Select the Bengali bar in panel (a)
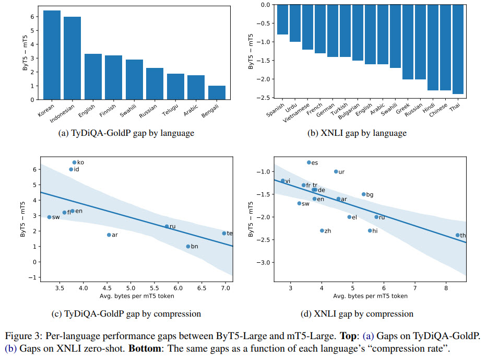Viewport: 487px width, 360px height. pyautogui.click(x=216, y=92)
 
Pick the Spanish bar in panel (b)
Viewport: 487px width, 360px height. pyautogui.click(x=283, y=19)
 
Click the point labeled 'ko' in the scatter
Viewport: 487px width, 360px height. pyautogui.click(x=74, y=162)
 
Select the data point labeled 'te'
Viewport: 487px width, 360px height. pyautogui.click(x=224, y=233)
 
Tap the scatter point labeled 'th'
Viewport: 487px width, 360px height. pyautogui.click(x=457, y=235)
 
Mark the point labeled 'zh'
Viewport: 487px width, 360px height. pyautogui.click(x=322, y=230)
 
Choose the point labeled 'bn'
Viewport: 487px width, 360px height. pyautogui.click(x=188, y=246)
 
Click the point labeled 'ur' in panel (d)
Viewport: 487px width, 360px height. pyautogui.click(x=336, y=171)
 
